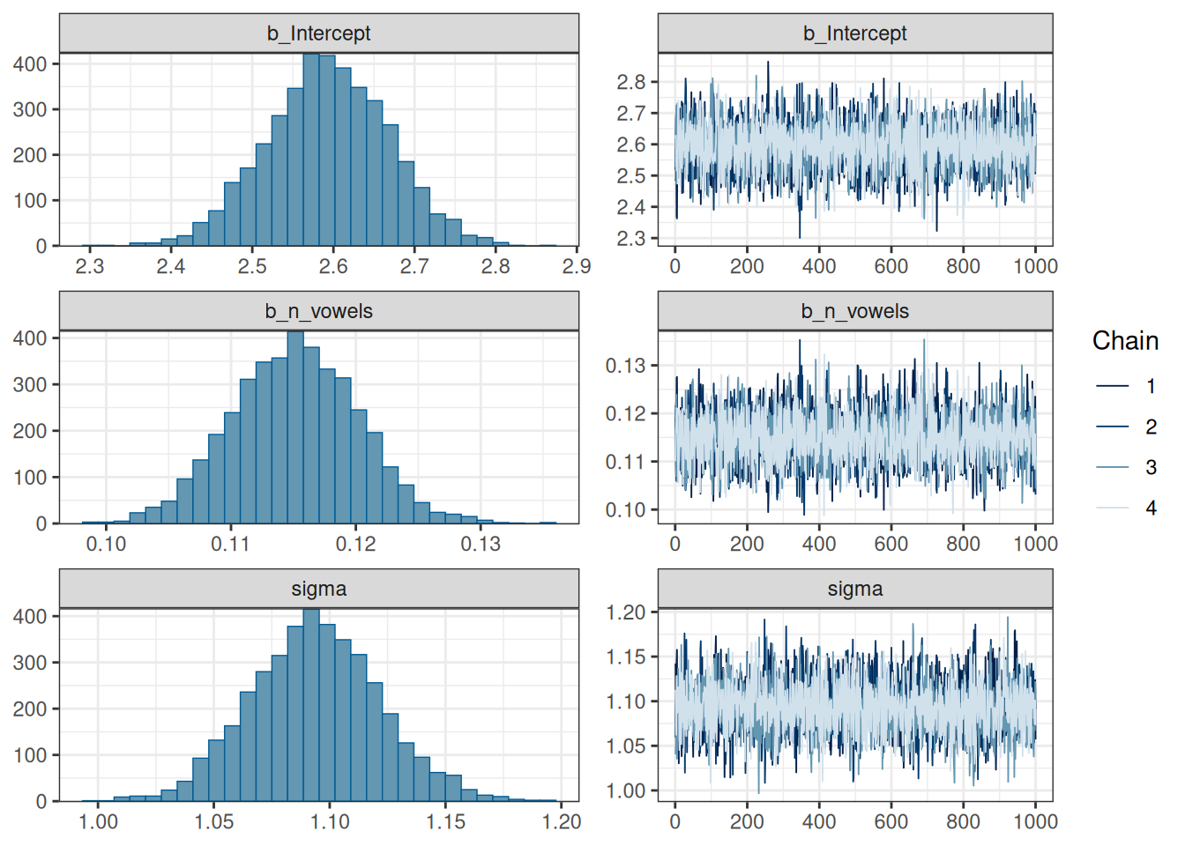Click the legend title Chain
[x=1125, y=341]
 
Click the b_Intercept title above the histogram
[x=319, y=33]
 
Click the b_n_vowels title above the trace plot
[x=855, y=311]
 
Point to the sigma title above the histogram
[x=319, y=589]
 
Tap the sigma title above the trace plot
[x=855, y=589]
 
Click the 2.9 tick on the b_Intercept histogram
[x=577, y=266]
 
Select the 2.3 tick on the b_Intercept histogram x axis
[x=89, y=266]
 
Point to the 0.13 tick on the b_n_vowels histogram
[x=481, y=544]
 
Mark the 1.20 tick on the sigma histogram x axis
[x=562, y=821]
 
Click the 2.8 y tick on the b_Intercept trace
[x=631, y=82]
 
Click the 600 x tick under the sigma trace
[x=891, y=821]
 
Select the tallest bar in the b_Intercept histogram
[x=311, y=150]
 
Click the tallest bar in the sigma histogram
[x=311, y=705]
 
